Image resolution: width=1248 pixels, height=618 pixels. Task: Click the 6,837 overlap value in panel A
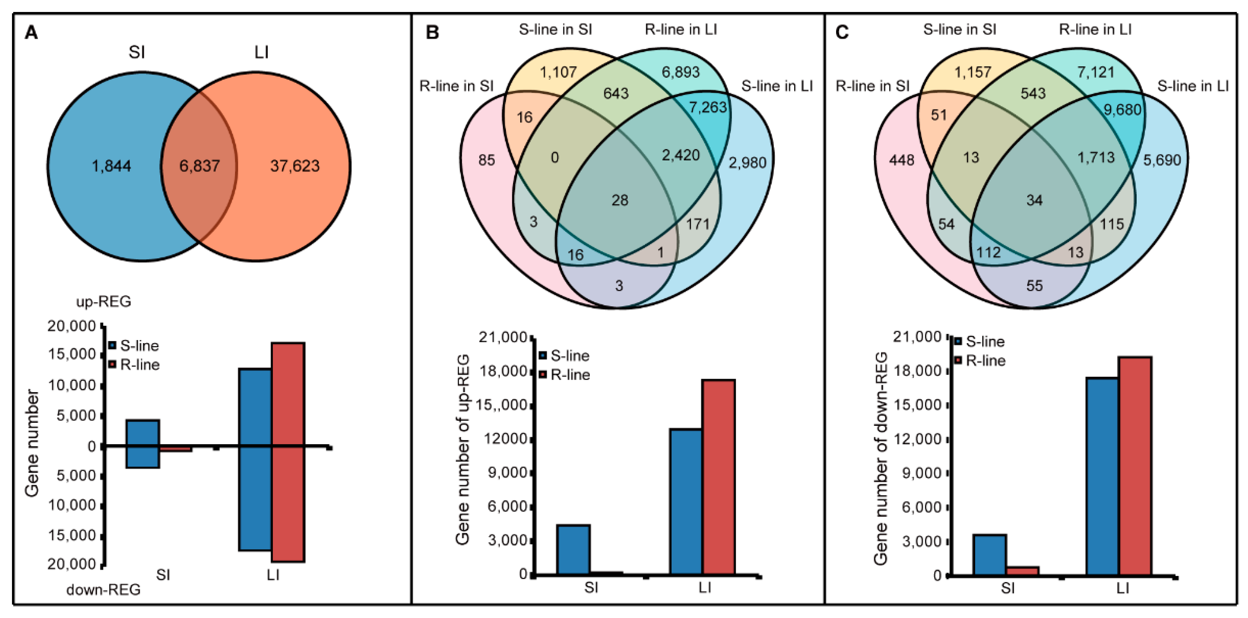pos(200,166)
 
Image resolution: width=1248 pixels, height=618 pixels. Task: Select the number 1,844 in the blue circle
pos(111,166)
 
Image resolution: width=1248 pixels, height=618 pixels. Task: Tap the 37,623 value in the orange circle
pos(295,166)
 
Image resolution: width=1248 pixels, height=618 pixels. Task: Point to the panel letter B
pos(432,33)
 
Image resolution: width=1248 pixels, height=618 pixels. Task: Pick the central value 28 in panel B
pos(620,200)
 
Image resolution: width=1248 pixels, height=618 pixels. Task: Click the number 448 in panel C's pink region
pos(902,160)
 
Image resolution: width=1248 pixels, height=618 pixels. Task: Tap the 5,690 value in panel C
pos(1162,160)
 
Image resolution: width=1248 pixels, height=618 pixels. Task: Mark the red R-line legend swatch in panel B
pos(543,375)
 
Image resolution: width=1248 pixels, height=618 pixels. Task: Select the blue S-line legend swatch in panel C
pos(958,342)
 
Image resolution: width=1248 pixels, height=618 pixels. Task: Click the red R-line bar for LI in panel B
pos(718,477)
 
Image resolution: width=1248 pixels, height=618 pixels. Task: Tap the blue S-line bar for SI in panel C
pos(990,555)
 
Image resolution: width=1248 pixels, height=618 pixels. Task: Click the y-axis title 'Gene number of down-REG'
pos(880,458)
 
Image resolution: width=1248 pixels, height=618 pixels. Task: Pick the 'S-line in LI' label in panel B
pos(777,86)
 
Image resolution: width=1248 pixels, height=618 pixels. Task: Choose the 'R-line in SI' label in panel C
pos(872,86)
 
